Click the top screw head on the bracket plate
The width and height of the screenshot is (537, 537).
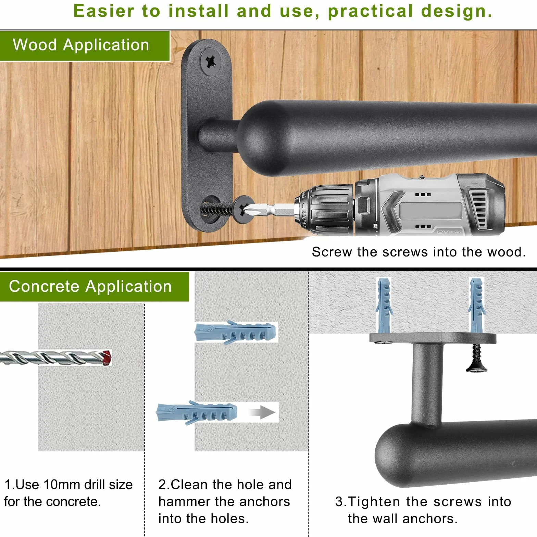[x=211, y=62]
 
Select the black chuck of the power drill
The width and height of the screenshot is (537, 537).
[x=325, y=210]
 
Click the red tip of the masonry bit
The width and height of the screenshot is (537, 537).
[x=107, y=358]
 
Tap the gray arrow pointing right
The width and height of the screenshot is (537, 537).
[x=262, y=412]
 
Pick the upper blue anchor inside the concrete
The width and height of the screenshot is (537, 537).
[x=235, y=332]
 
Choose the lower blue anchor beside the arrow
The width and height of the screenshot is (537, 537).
[x=197, y=412]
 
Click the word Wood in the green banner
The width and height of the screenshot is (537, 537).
[x=35, y=45]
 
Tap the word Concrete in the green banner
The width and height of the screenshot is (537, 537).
[x=44, y=286]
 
